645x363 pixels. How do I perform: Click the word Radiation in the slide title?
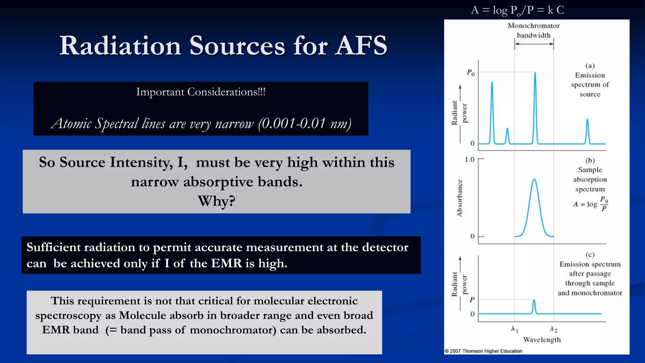[x=120, y=46]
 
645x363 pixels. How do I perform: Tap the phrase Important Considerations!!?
[x=201, y=92]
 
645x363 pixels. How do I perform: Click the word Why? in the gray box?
[x=216, y=201]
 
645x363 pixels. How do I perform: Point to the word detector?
[x=385, y=248]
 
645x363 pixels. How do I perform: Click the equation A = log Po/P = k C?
[x=517, y=10]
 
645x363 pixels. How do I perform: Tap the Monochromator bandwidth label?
[x=534, y=30]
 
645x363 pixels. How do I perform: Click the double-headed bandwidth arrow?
[x=534, y=44]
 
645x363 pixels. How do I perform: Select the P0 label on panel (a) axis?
[x=471, y=73]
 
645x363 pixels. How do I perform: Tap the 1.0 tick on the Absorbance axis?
[x=469, y=160]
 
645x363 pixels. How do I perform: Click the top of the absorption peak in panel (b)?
[x=534, y=180]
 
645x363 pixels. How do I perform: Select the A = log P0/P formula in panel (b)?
[x=590, y=204]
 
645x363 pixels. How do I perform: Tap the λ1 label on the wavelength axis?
[x=514, y=329]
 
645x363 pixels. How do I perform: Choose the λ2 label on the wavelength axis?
[x=553, y=329]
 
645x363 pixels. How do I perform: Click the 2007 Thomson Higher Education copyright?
[x=483, y=351]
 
